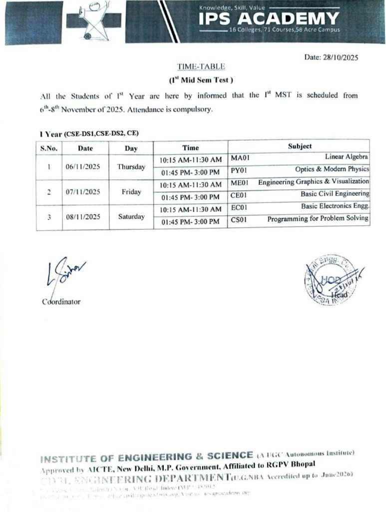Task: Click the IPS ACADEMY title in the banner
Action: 269,19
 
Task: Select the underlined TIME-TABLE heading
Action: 194,66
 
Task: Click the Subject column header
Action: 300,146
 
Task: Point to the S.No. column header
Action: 49,148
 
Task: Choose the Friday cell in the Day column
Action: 131,192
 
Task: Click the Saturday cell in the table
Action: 131,216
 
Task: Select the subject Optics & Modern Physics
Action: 332,169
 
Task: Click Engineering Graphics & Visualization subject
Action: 314,181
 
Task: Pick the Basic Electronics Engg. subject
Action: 335,206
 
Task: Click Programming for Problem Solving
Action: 318,218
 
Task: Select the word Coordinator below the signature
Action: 61,301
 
